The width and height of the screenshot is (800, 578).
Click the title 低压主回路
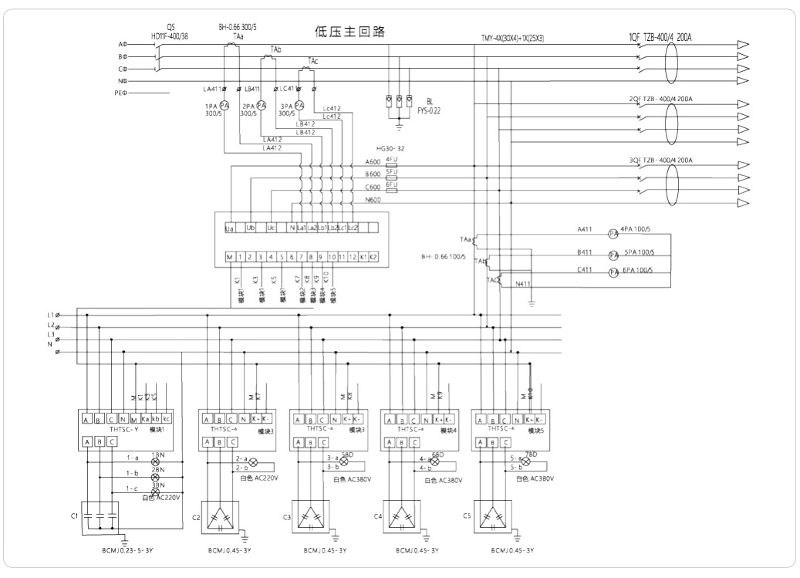(349, 32)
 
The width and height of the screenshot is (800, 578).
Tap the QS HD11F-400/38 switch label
(170, 32)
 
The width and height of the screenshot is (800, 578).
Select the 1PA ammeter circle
(224, 106)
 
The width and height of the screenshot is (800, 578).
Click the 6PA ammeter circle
(615, 273)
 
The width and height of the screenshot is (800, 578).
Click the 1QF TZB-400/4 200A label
(660, 36)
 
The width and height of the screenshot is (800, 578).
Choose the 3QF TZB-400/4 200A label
(661, 161)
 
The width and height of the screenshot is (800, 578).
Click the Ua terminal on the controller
(229, 228)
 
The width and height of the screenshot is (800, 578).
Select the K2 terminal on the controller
(373, 256)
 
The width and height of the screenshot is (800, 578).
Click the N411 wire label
(522, 285)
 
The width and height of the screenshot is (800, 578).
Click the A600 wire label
(373, 163)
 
